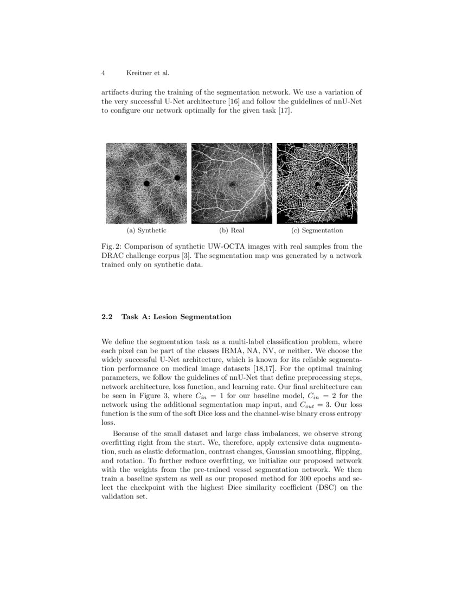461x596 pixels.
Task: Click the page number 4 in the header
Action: pos(103,73)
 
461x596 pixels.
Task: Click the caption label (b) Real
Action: pos(232,230)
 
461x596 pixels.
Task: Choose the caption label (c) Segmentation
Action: pos(317,230)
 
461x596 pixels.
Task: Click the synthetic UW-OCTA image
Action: pos(146,183)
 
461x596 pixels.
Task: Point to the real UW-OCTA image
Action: pos(232,183)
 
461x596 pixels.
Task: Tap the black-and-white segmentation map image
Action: pos(317,183)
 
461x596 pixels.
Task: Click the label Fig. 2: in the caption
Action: pos(111,247)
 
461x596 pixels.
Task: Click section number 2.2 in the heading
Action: pos(107,317)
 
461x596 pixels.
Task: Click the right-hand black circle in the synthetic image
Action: pos(177,178)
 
